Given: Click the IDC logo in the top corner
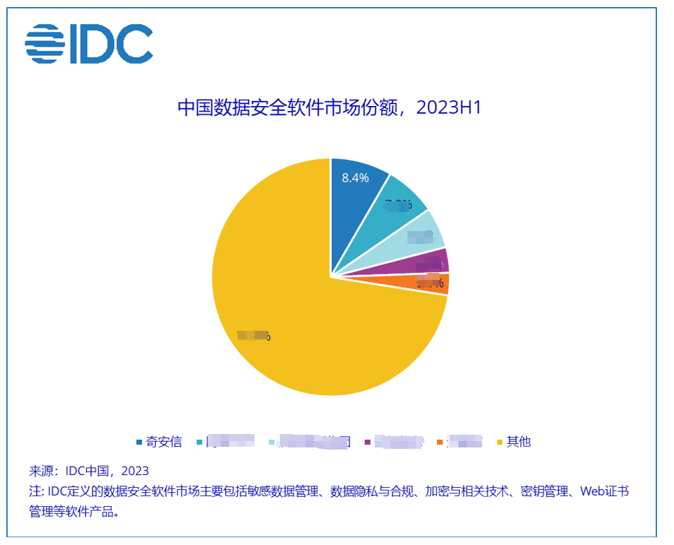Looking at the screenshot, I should [88, 44].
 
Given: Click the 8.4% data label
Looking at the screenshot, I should [355, 178].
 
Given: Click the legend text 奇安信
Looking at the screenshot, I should [164, 442].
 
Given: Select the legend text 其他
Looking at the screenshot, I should [518, 442].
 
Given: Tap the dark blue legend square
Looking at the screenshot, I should [139, 443].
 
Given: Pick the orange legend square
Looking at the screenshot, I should [440, 443].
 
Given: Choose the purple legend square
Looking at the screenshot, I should [367, 443].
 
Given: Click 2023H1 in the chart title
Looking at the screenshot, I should [448, 107].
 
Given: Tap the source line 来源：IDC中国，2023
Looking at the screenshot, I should [89, 471].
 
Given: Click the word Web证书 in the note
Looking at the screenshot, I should [604, 491].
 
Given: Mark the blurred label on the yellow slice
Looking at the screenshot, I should [253, 336].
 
